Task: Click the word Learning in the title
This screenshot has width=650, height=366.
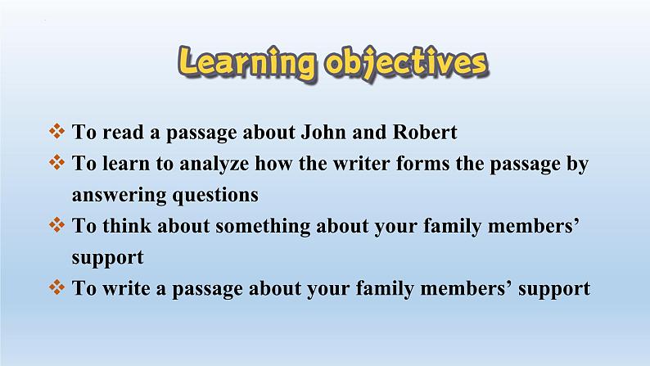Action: (x=247, y=62)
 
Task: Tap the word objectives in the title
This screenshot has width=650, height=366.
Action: (x=407, y=63)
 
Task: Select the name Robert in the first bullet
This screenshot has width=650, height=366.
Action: (x=425, y=132)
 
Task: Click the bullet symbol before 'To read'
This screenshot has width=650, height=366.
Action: (x=56, y=131)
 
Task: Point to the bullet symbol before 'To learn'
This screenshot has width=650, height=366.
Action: (x=56, y=162)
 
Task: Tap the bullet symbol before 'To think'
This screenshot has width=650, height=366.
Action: (x=56, y=225)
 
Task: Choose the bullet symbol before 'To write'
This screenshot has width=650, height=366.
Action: (x=56, y=287)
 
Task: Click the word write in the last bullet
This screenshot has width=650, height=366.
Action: (x=126, y=288)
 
